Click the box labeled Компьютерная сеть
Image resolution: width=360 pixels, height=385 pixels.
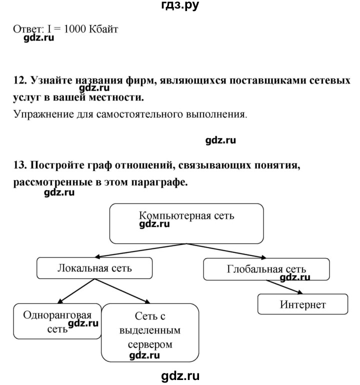pos(186,223)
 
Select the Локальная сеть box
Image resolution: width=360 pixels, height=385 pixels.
pos(95,268)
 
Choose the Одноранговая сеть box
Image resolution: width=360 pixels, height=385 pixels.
pos(56,321)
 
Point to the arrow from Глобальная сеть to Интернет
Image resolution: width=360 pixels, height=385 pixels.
pos(284,287)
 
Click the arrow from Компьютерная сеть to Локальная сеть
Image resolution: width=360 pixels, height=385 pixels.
pos(140,250)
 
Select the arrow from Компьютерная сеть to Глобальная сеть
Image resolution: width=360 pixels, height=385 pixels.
pos(230,251)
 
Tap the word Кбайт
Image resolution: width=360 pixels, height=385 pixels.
pos(103,29)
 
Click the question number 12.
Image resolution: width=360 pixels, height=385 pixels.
pos(19,80)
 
